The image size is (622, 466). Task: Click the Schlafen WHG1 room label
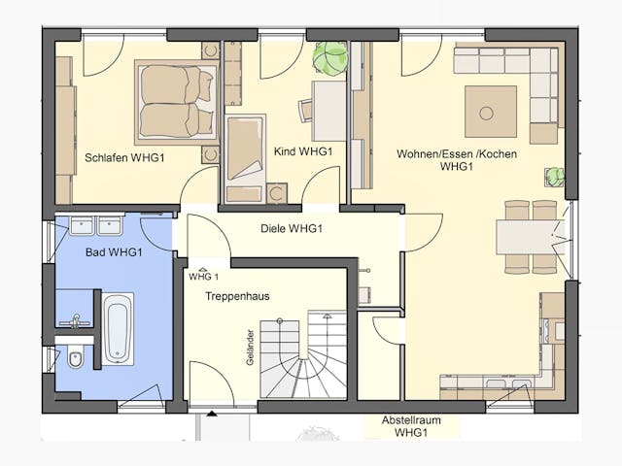(124, 157)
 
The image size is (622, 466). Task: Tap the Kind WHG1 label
(303, 151)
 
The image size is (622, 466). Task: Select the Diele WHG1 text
(292, 228)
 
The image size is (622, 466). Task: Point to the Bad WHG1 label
(114, 252)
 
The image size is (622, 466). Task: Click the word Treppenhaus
(237, 296)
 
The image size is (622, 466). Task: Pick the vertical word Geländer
(250, 348)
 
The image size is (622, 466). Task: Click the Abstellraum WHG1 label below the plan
(411, 426)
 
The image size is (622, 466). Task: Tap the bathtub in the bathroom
(118, 329)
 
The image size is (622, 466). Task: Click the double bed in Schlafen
(177, 102)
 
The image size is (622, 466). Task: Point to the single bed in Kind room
(245, 158)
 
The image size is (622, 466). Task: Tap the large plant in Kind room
(329, 58)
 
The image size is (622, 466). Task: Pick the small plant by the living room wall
(555, 177)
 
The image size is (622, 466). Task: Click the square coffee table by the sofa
(491, 112)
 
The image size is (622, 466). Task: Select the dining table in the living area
(530, 237)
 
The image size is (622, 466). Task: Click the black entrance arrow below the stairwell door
(212, 415)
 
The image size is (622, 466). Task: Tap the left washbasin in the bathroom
(82, 224)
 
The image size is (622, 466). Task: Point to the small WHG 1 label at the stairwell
(203, 276)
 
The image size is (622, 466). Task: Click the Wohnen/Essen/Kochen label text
(457, 159)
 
